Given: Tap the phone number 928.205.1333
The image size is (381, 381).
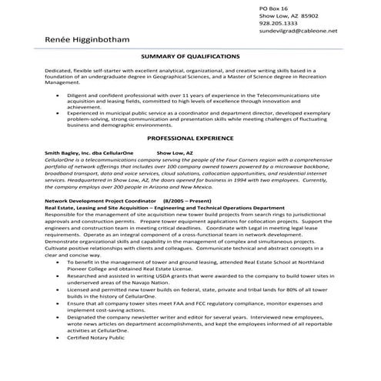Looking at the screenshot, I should click(279, 24).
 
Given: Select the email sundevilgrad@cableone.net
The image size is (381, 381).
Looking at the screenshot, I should click(299, 33).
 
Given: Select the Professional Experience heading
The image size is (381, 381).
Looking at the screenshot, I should click(189, 138).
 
